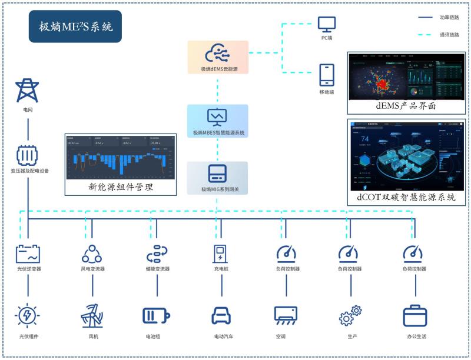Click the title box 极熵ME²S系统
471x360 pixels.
[x=75, y=26]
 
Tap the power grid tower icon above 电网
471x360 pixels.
[x=28, y=91]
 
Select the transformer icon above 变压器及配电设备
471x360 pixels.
[x=28, y=155]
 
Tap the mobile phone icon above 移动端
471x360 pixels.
[x=327, y=75]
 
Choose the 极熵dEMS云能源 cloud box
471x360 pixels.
[x=218, y=57]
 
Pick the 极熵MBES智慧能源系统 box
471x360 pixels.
[x=218, y=121]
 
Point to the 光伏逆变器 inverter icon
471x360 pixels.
[x=28, y=254]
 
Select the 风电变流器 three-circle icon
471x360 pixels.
[x=92, y=254]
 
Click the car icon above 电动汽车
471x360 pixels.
[x=221, y=316]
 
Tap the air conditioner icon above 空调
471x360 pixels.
[x=286, y=316]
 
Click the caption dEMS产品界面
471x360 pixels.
[x=406, y=106]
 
